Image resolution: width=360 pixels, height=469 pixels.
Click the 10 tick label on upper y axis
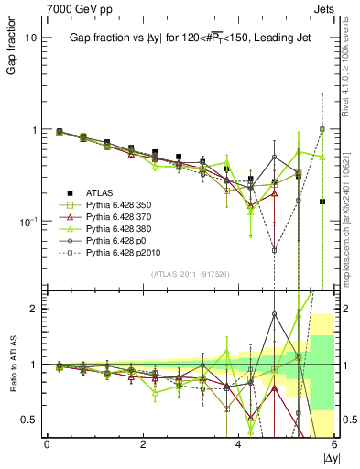click(x=31, y=38)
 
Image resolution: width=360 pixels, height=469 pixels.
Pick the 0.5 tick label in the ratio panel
click(x=29, y=420)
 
